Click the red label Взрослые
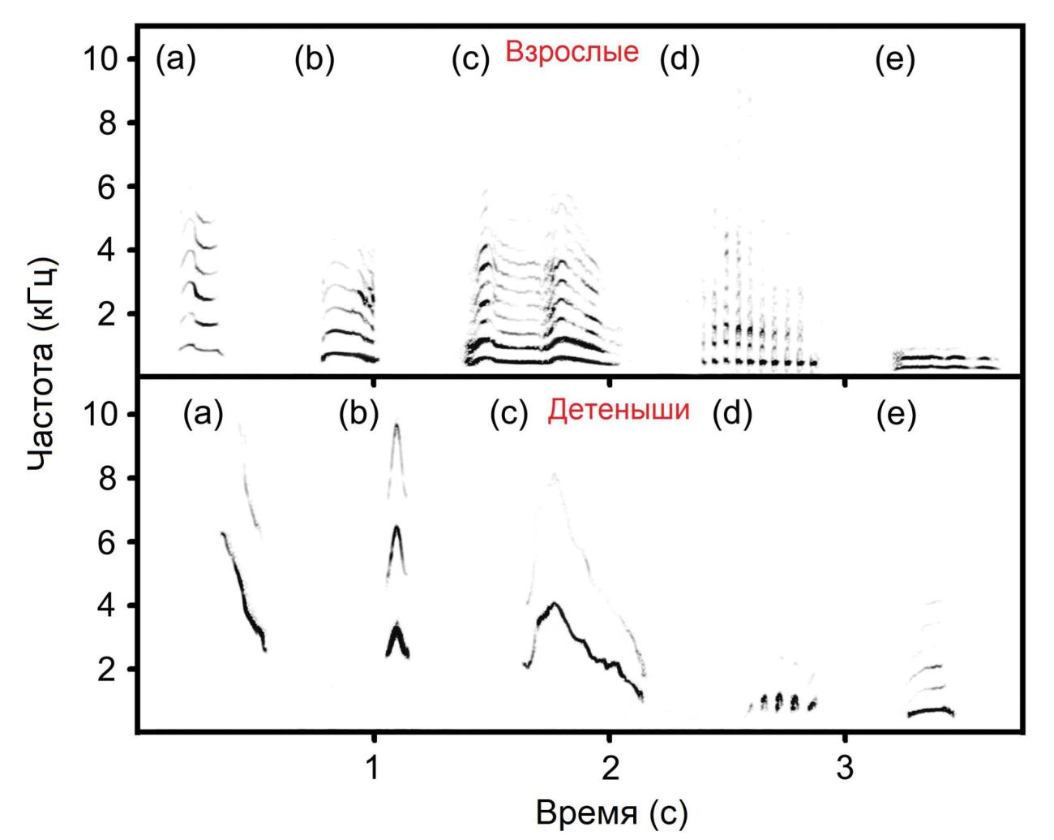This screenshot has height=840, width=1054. [x=572, y=53]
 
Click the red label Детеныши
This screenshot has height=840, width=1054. [x=618, y=411]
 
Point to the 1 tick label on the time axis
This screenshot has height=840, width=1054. [x=373, y=767]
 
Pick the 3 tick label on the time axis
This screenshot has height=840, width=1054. [x=845, y=767]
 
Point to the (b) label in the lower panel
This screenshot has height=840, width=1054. [x=360, y=415]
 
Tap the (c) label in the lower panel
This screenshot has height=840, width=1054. [x=510, y=415]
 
